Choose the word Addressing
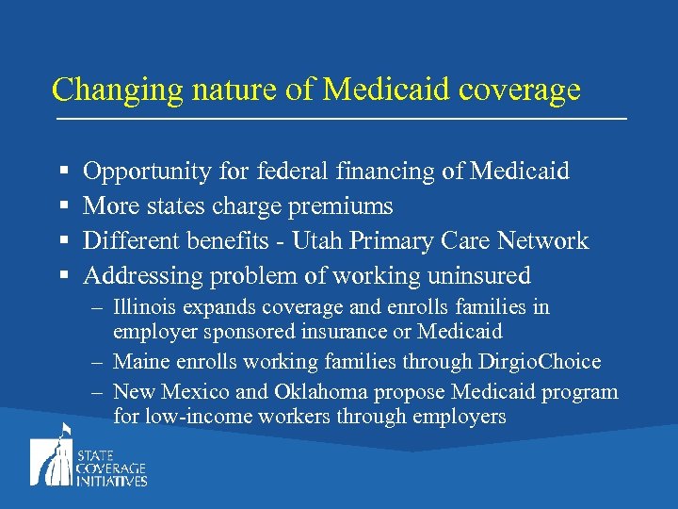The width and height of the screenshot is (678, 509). tap(143, 275)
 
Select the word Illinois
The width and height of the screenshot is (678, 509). tap(143, 307)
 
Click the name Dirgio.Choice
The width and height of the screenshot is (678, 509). tap(538, 361)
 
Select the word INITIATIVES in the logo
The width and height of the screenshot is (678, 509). tap(113, 481)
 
